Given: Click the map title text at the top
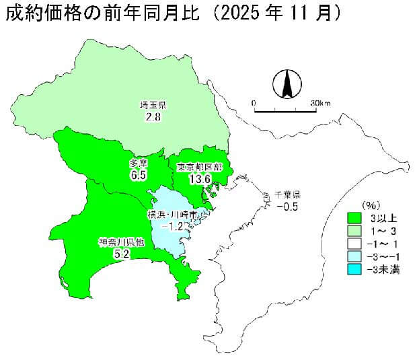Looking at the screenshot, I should pos(171,13).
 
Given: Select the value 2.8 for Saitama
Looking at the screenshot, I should pos(153,117).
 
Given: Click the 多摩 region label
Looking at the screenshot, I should pos(139,164).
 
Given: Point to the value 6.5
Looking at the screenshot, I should pos(139,175).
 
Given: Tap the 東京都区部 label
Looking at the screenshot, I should pos(200,166).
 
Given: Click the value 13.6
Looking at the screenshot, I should pos(200,178).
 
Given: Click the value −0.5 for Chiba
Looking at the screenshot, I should pos(287,206).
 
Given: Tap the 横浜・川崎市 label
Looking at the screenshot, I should pos(173,215).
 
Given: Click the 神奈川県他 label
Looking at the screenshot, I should pos(121,242).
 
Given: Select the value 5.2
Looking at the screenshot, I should pos(122,254).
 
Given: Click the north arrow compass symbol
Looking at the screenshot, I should pos(287,85).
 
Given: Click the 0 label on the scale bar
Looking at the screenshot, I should pos(254,103).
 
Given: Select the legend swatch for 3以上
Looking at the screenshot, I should pos(355,218).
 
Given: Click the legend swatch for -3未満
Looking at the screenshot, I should pos(355,269).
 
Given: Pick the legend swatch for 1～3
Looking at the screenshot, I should pos(355,231).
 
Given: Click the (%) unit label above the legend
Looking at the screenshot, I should pos(372,205).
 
